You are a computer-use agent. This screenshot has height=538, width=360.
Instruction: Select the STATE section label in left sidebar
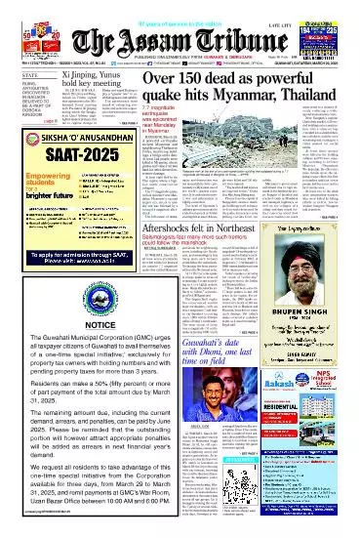[x=16, y=71]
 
